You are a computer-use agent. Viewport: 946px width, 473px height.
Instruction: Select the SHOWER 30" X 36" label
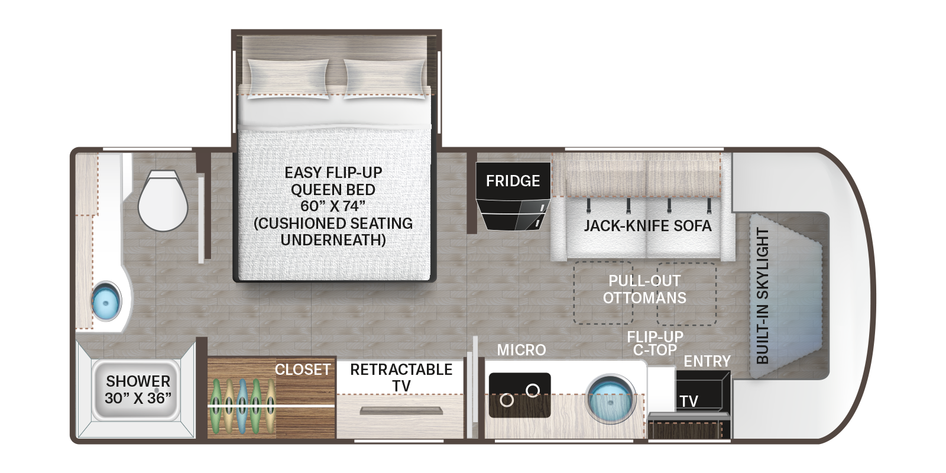coord(138,389)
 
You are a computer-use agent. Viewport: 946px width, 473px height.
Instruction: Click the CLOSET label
coord(302,370)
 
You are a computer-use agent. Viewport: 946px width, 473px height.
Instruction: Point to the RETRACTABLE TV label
coord(401,377)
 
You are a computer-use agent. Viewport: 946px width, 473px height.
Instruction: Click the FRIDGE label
coord(513,180)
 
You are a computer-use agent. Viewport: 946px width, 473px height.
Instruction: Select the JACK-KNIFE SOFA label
coord(647,226)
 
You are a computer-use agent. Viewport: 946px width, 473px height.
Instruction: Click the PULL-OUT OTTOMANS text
coord(644,289)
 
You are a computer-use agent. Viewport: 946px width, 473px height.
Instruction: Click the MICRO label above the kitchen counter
coord(521,350)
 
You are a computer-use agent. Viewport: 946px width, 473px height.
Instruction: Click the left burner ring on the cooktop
coord(506,400)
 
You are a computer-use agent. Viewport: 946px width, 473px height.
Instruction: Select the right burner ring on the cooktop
coord(533,389)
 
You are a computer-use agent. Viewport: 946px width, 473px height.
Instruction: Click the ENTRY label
coord(707,361)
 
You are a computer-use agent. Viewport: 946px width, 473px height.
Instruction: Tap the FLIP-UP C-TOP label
coord(655,344)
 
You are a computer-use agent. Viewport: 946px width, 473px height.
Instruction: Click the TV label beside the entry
coord(688,401)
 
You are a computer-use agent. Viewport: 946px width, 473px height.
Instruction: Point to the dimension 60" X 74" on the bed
coord(333,206)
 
